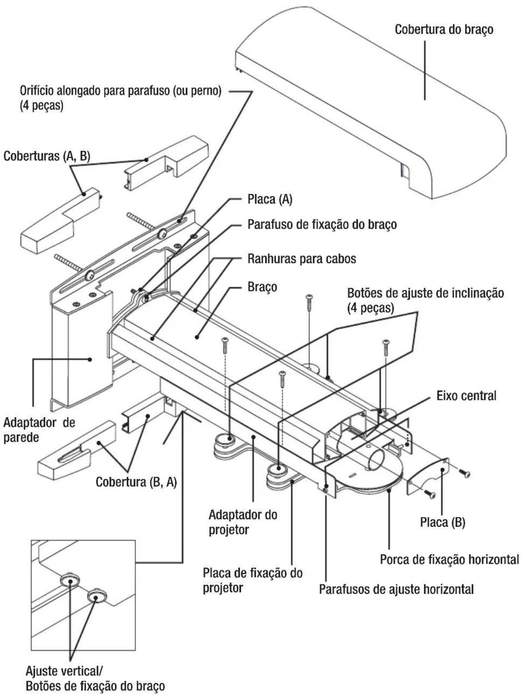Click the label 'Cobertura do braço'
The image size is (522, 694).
pos(444,30)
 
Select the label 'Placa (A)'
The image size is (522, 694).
pos(270,199)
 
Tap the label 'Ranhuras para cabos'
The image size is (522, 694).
pos(302,259)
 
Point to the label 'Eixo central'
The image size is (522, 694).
pos(467,396)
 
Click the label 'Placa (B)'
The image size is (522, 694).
pos(442,522)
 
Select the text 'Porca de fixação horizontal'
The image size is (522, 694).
pos(449,559)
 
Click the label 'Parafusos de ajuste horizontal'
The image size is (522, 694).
pos(396,589)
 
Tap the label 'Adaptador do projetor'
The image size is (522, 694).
pos(243,522)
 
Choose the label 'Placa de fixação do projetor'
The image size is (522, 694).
pos(252,580)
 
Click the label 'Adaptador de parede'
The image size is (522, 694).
pos(39,430)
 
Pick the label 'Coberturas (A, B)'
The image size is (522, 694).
pos(47,156)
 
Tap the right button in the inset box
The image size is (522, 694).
pos(96,595)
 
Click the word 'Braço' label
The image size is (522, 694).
pos(262,287)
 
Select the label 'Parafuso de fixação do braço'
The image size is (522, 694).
pos(322,224)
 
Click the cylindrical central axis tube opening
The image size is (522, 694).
pos(375,458)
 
